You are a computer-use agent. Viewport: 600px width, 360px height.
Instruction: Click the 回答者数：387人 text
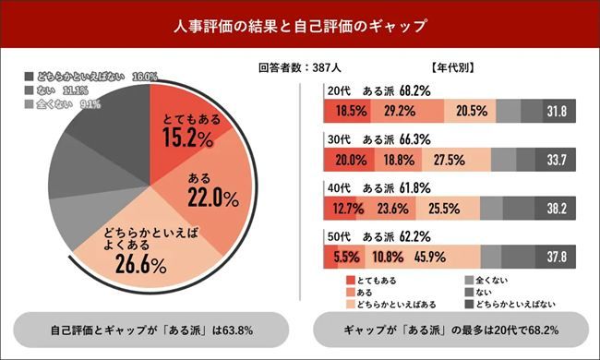pos(298,68)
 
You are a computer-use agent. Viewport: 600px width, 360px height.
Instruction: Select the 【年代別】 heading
pos(452,68)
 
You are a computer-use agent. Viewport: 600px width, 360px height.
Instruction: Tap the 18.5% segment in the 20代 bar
pos(341,111)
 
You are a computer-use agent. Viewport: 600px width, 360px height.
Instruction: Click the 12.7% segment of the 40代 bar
pos(341,208)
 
